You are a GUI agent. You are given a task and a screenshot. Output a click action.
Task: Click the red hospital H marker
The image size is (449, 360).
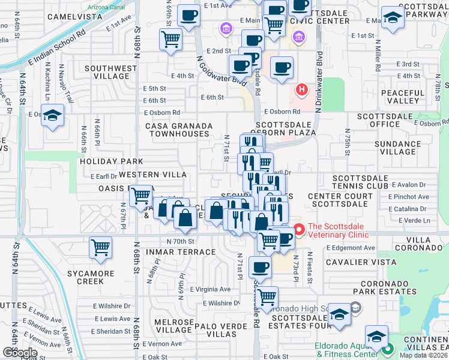301,90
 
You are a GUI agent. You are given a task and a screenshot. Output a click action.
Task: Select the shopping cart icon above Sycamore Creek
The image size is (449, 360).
101,247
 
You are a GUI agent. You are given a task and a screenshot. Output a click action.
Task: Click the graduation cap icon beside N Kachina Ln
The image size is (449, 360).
53,115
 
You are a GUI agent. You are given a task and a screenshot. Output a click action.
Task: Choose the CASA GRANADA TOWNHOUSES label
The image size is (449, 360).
179,130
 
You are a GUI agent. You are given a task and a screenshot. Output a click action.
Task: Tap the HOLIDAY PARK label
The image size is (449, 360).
111,161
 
